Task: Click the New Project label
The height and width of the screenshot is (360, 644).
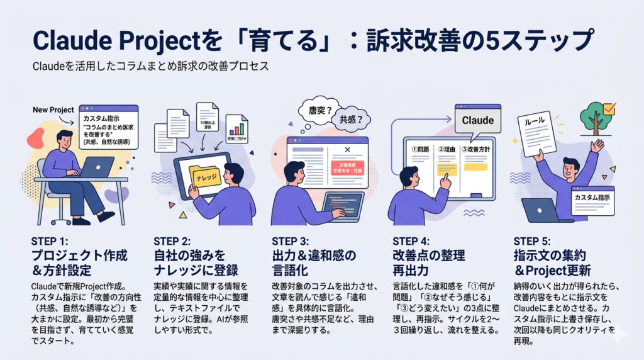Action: coord(53,110)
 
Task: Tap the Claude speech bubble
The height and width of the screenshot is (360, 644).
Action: coord(477,120)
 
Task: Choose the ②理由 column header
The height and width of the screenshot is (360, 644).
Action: coord(448,150)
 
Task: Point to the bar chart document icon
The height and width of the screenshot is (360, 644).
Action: coord(236,129)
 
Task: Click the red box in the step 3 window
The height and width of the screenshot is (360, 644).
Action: coord(347,169)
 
